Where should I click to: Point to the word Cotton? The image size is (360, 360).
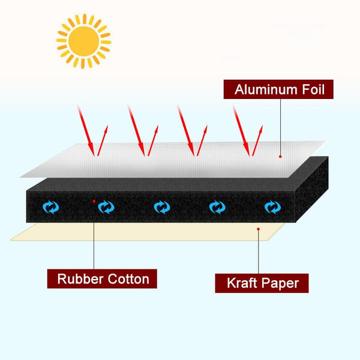coord(127,278)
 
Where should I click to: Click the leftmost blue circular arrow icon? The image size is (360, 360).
coord(52,207)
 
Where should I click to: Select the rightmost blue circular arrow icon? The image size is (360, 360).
coord(272,208)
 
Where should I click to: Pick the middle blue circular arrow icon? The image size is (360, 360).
coord(161,207)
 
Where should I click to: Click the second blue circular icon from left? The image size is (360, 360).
coord(106,207)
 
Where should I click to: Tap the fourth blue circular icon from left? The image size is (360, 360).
coord(217,207)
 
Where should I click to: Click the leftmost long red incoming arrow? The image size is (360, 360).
coord(85,129)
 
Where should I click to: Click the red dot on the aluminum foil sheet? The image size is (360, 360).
coord(280,155)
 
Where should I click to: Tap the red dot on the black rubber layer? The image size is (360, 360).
coord(94,201)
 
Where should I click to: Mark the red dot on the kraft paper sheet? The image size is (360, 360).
coord(258,228)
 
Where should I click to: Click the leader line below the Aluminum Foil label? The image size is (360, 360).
coord(280,126)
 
